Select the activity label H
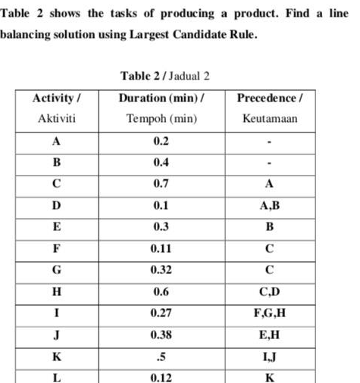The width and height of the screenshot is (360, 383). click(x=55, y=290)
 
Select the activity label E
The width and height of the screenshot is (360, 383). click(x=55, y=226)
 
